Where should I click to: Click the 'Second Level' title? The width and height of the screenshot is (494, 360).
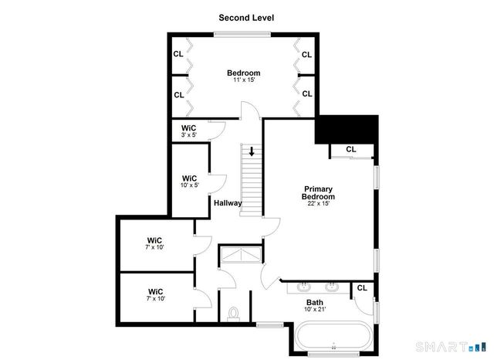click(x=246, y=17)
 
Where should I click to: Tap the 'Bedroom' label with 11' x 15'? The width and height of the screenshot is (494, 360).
click(x=243, y=73)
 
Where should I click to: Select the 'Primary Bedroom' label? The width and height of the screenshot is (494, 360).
click(x=318, y=193)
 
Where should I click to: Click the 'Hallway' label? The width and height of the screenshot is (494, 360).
click(x=228, y=204)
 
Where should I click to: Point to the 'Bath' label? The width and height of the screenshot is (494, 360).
click(x=315, y=302)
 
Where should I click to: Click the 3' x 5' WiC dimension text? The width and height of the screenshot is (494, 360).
click(x=189, y=136)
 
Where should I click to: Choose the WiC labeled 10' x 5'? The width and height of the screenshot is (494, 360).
click(x=189, y=180)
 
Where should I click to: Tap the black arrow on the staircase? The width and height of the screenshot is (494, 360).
click(x=252, y=152)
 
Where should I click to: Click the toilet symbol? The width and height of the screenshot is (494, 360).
click(x=235, y=314)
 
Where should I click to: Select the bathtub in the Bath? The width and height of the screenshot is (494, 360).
click(x=333, y=338)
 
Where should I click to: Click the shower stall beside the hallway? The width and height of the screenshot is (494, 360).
click(x=241, y=255)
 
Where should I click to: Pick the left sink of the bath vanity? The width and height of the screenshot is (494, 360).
click(x=303, y=287)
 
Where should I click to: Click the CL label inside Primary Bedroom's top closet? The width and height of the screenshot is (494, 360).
click(x=351, y=150)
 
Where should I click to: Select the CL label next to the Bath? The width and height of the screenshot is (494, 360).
click(x=361, y=289)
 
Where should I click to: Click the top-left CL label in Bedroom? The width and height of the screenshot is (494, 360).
click(x=178, y=54)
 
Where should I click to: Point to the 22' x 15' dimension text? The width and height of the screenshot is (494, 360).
click(x=318, y=204)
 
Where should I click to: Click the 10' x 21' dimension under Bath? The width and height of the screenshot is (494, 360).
click(x=315, y=310)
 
